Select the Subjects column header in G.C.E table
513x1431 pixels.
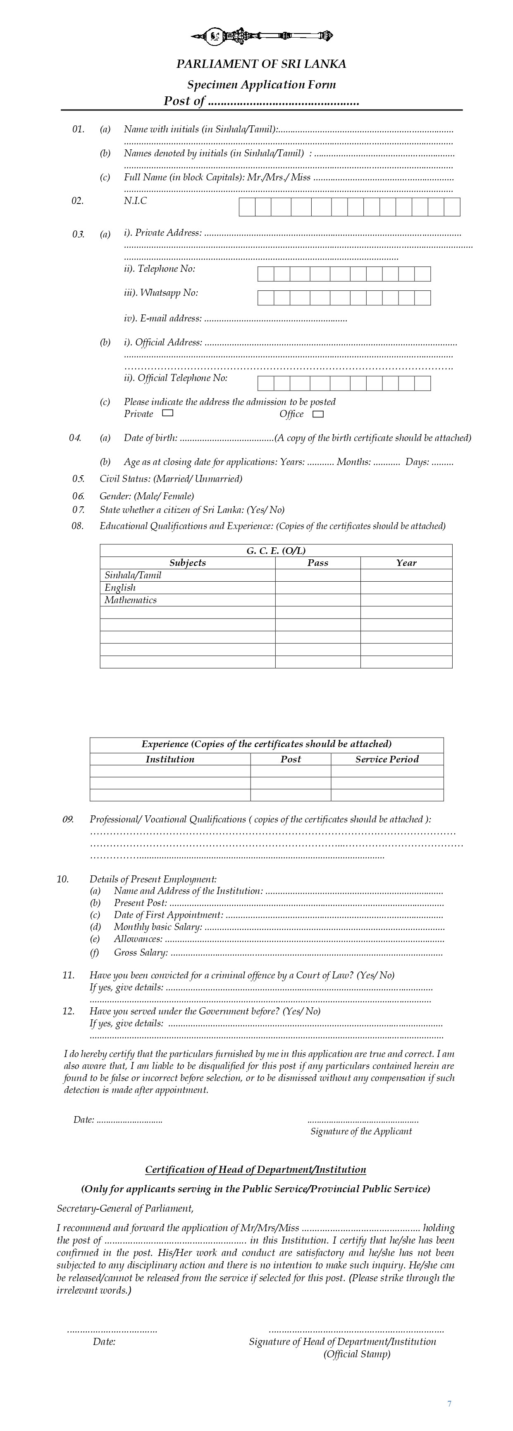(x=188, y=563)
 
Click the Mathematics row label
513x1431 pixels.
(x=131, y=600)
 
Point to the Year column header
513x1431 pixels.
(x=406, y=563)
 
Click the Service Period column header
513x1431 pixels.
(x=387, y=760)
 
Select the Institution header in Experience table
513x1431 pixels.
(x=170, y=760)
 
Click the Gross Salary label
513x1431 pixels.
(x=141, y=953)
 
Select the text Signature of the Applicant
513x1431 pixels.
(x=361, y=1131)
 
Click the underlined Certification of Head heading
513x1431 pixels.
(x=255, y=1170)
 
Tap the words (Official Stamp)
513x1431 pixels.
(x=357, y=1354)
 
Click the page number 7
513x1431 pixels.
(x=449, y=1404)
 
